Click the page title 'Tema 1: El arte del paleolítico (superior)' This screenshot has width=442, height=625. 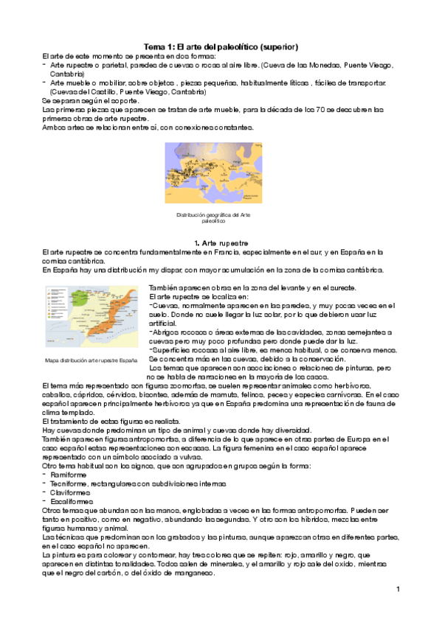coord(221,46)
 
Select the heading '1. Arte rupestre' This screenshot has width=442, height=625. coord(221,242)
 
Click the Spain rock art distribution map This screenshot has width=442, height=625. coord(91,318)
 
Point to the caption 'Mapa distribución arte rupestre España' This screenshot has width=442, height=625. coord(91,360)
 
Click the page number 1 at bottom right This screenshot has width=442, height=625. coord(397,589)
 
